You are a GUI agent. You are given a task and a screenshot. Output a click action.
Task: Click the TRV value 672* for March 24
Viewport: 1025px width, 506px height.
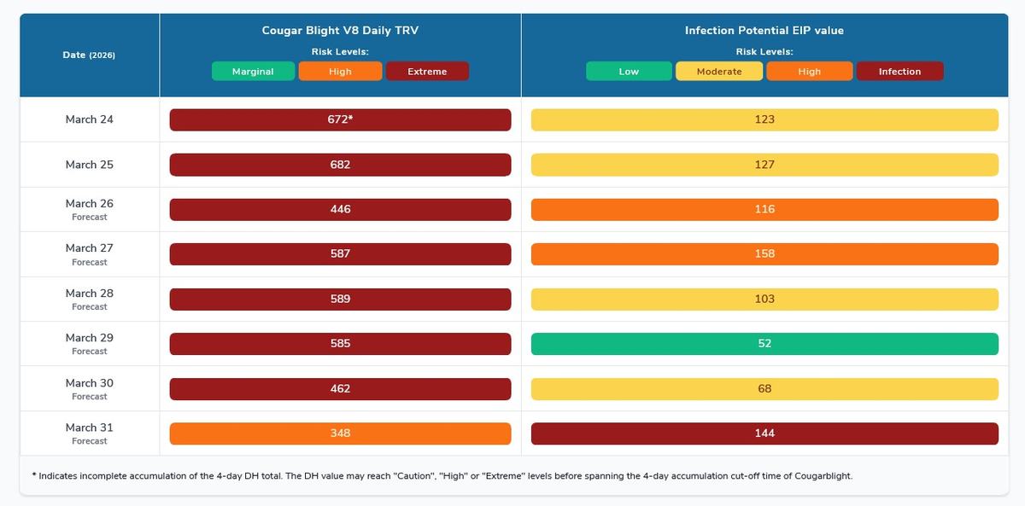[340, 119]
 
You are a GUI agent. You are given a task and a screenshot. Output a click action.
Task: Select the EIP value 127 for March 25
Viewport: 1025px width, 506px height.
[764, 165]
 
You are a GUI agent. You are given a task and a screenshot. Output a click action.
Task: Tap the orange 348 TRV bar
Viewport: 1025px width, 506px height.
[340, 433]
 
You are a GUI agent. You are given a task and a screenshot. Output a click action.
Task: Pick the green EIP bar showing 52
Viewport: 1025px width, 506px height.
[764, 344]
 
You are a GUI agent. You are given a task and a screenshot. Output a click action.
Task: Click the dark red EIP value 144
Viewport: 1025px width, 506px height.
[764, 433]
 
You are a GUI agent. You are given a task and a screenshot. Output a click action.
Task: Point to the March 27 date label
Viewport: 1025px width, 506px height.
[89, 248]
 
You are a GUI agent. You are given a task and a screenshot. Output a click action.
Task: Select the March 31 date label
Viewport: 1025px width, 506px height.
[89, 427]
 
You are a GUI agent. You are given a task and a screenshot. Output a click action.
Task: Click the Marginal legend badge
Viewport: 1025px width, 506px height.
[253, 72]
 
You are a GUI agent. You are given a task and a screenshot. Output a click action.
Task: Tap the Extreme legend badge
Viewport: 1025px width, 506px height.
[427, 72]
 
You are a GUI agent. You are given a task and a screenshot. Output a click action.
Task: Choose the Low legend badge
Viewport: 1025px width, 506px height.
[629, 72]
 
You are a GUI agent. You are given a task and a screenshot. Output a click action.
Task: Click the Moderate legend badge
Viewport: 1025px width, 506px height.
[719, 72]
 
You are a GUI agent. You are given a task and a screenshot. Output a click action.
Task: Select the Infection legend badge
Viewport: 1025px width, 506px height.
[899, 72]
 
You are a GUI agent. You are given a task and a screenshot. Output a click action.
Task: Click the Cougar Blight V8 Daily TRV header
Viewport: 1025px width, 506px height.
[340, 31]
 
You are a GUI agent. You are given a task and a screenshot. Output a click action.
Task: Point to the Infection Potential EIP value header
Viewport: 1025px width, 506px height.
[764, 31]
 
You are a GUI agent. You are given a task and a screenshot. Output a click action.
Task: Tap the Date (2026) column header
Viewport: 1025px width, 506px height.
[89, 55]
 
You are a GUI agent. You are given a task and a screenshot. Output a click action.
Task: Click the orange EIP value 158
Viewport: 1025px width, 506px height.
[764, 254]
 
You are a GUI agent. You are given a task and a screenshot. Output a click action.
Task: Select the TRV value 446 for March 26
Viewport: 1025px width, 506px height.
[340, 209]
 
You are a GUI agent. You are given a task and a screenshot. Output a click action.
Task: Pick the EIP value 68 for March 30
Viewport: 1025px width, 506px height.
[764, 389]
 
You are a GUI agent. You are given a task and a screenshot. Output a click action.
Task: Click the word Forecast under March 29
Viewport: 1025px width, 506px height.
[89, 352]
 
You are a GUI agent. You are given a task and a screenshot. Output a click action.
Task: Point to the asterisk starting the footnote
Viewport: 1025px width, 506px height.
[33, 474]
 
